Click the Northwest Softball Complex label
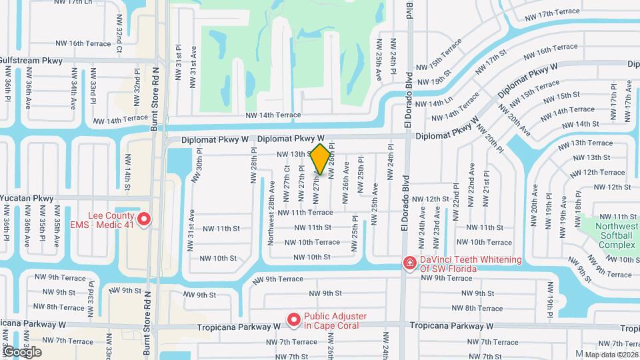(x=616, y=235)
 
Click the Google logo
(x=22, y=351)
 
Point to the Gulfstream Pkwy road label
(x=31, y=60)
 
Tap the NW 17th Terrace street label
(x=552, y=13)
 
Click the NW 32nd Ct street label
(x=119, y=41)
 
